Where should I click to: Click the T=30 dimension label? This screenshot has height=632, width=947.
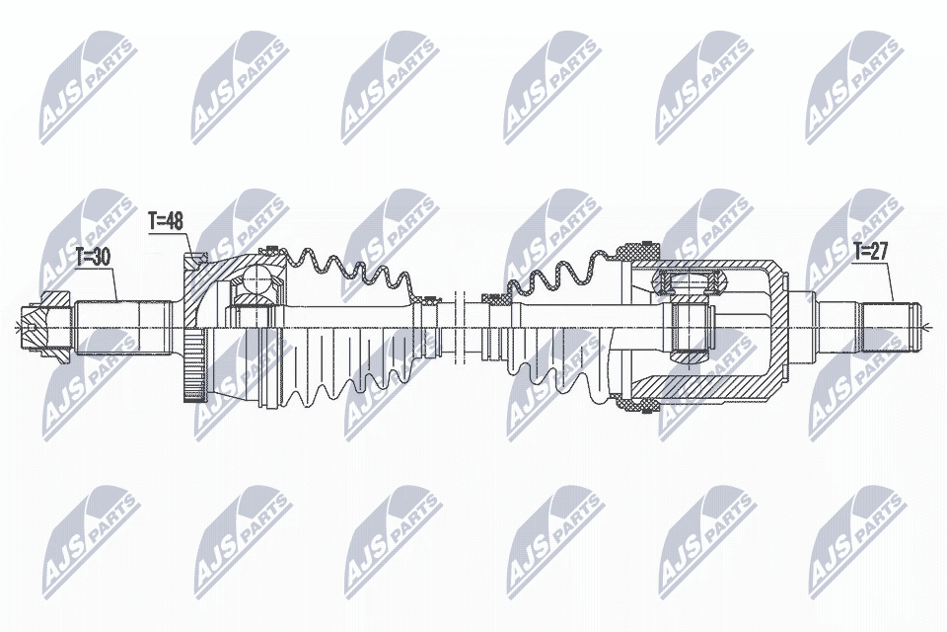pos(93,258)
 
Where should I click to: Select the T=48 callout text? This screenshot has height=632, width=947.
pos(166,221)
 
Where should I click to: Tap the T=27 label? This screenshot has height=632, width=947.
pos(870,251)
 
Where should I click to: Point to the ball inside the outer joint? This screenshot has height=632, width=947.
pos(257,281)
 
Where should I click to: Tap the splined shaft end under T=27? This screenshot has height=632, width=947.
pos(890,329)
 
